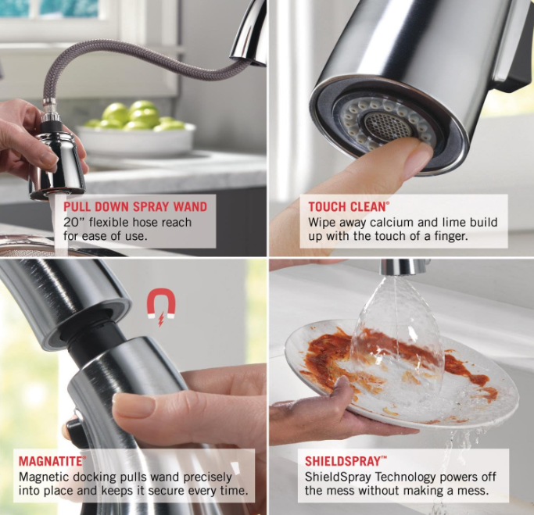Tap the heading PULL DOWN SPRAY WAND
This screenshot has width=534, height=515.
point(135,206)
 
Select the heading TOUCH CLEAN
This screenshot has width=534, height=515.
point(347,206)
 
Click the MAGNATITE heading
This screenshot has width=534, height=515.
point(52,461)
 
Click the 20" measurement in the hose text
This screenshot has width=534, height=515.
point(74,222)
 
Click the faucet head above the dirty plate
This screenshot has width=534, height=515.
point(401,267)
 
